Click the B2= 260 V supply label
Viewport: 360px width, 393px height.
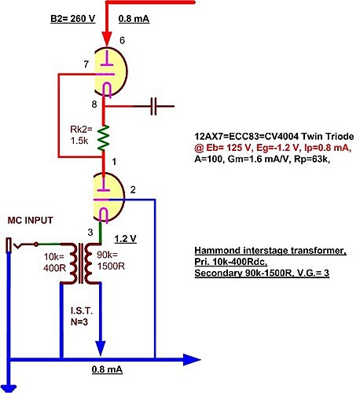(72, 19)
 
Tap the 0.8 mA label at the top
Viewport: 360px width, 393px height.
(134, 19)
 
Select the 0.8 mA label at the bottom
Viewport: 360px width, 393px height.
(107, 369)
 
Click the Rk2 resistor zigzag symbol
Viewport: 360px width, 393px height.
(103, 138)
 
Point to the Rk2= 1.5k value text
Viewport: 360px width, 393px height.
(81, 135)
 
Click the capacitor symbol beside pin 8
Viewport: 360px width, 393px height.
(154, 106)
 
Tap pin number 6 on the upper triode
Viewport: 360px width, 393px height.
(122, 40)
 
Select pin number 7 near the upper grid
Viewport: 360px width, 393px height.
(86, 64)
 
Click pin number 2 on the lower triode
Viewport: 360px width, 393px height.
(133, 189)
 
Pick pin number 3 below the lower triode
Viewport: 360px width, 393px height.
(90, 232)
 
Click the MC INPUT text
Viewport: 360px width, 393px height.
(31, 220)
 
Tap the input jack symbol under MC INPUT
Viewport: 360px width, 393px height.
(22, 245)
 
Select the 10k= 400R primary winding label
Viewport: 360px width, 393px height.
(54, 263)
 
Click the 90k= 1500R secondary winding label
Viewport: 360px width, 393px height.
(111, 260)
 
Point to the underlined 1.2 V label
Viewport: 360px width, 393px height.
(126, 239)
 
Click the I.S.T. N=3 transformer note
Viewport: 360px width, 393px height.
(82, 317)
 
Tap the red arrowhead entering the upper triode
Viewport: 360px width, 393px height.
(107, 39)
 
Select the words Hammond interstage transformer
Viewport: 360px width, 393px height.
(270, 251)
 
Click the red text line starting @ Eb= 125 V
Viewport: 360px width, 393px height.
(273, 148)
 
